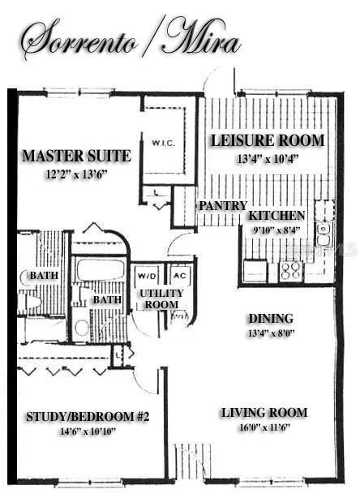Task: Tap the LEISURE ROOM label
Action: pyautogui.click(x=268, y=140)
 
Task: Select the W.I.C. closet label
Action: pyautogui.click(x=163, y=144)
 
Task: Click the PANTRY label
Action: pyautogui.click(x=222, y=206)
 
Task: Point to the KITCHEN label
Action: pyautogui.click(x=276, y=216)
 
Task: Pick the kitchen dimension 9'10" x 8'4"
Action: pyautogui.click(x=276, y=230)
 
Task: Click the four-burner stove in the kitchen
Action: pyautogui.click(x=290, y=270)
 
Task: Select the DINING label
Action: pyautogui.click(x=272, y=319)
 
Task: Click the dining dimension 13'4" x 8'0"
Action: pyautogui.click(x=272, y=333)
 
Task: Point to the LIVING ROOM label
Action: pyautogui.click(x=255, y=413)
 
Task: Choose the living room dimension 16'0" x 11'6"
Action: pyautogui.click(x=255, y=427)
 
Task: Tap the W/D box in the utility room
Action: pyautogui.click(x=146, y=274)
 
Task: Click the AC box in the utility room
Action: pyautogui.click(x=180, y=274)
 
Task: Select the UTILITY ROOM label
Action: pyautogui.click(x=161, y=298)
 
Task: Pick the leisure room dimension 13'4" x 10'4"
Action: pyautogui.click(x=268, y=159)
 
